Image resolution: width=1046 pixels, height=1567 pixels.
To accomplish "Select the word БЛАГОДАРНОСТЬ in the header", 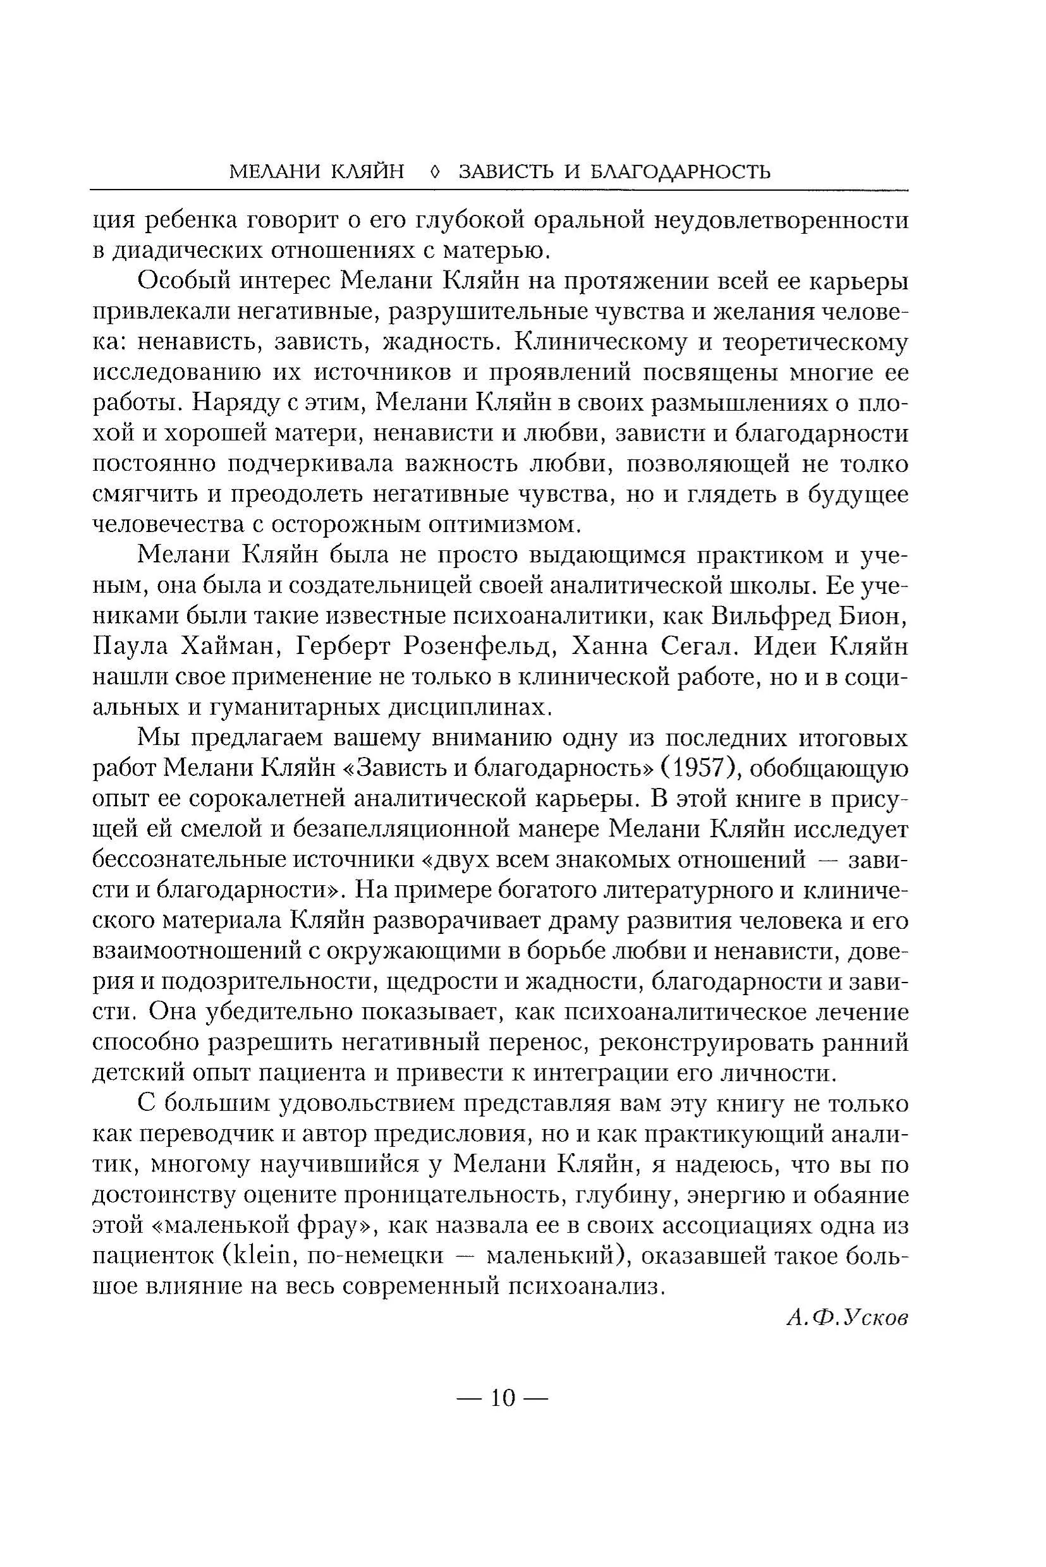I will (x=681, y=172).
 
